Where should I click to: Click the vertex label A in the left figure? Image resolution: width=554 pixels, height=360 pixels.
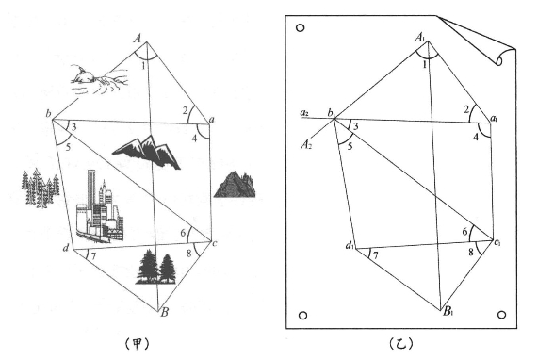[138, 37]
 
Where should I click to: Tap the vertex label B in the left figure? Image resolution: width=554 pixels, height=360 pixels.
[164, 312]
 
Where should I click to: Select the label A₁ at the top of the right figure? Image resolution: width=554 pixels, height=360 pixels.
[420, 37]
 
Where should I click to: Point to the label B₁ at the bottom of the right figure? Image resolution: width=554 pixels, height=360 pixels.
[448, 312]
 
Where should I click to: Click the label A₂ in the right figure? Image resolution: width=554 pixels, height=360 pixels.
[306, 144]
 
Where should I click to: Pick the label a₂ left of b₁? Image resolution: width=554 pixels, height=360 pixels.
[304, 113]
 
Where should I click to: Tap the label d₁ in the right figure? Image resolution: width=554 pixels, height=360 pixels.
[350, 245]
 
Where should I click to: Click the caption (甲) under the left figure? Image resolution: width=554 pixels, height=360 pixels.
[138, 343]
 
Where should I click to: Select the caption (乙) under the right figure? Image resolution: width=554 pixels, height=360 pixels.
[401, 343]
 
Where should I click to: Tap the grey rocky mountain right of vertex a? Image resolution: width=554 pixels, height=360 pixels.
[235, 184]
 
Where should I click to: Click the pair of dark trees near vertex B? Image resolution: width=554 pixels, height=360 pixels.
[155, 268]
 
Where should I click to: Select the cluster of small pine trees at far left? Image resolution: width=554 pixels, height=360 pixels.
[40, 188]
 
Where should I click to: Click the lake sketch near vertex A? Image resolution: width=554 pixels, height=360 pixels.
[99, 79]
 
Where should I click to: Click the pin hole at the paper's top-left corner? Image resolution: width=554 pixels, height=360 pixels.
[300, 27]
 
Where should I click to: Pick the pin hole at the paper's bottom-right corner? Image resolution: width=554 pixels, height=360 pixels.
[501, 315]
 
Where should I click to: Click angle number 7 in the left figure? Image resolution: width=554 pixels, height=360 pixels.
[93, 256]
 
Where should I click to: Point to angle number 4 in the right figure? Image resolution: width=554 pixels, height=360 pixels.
[476, 137]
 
